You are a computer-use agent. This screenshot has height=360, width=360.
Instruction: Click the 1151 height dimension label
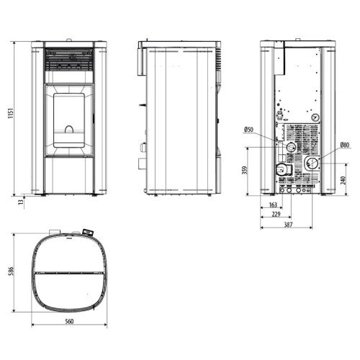tap(11, 113)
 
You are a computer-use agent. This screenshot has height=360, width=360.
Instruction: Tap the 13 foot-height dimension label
tap(22, 202)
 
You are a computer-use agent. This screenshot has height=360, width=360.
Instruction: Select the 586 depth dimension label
tap(11, 271)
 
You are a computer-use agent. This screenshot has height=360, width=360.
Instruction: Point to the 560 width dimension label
tap(69, 321)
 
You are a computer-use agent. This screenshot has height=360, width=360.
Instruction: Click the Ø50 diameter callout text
tap(248, 130)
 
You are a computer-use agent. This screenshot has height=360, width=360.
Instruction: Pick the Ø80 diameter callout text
tap(345, 145)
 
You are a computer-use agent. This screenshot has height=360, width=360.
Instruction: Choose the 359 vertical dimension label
tap(245, 170)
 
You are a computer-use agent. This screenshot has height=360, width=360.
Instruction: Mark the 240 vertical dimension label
tap(343, 180)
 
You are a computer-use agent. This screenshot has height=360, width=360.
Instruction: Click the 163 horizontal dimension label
tap(273, 204)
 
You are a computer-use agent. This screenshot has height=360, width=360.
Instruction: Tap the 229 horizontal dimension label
tap(276, 214)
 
